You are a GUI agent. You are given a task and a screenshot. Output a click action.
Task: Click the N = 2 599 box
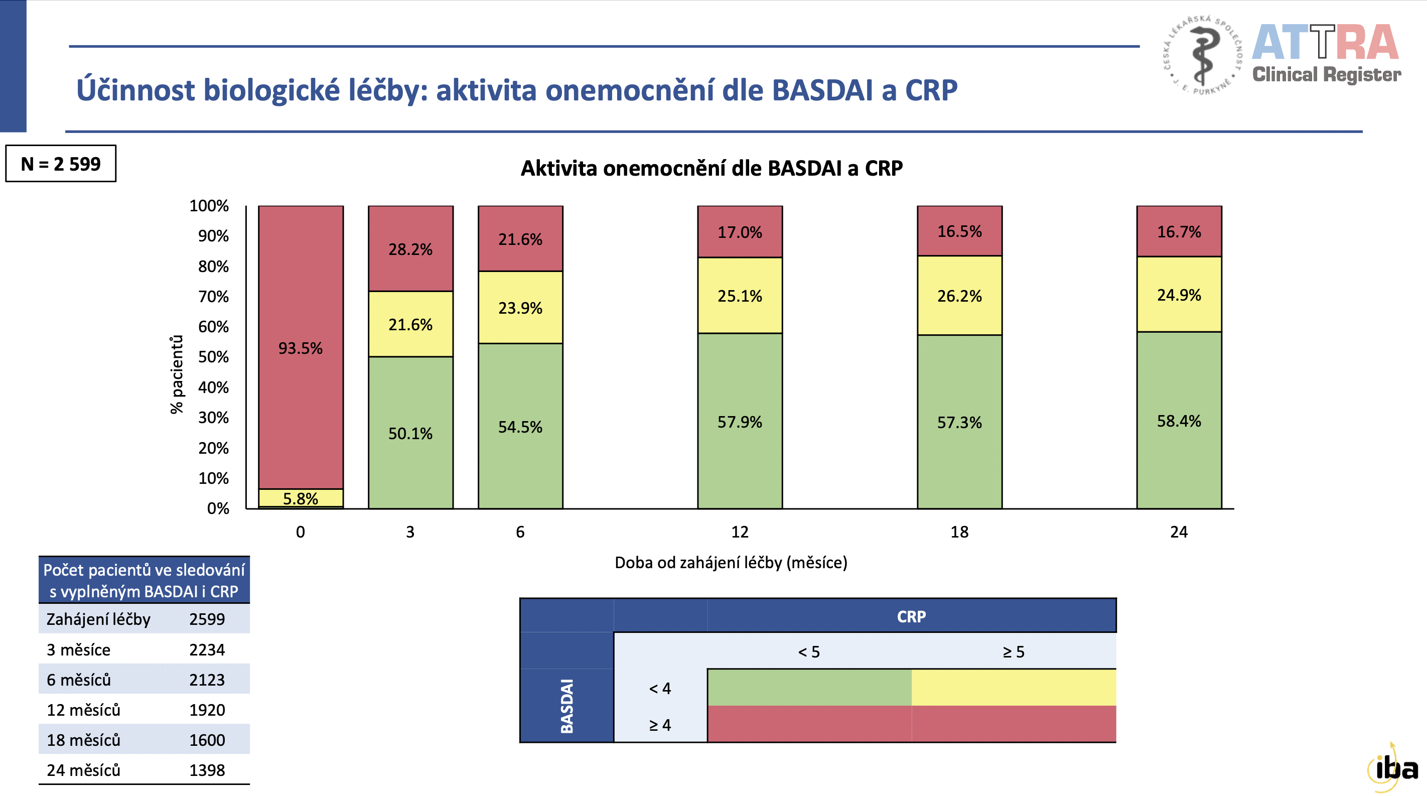tap(60, 164)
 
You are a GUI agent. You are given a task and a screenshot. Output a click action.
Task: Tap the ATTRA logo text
tap(1325, 43)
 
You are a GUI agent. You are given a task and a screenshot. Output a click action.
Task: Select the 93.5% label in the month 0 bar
tap(300, 348)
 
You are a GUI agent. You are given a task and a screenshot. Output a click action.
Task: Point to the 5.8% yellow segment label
tap(300, 498)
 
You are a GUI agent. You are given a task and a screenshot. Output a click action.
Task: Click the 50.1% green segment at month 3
tap(410, 433)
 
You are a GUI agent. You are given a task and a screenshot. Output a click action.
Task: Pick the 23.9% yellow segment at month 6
tap(520, 308)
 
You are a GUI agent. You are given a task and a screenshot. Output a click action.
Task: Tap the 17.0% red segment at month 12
tap(740, 232)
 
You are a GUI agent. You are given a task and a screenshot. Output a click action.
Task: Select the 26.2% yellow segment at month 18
tap(959, 296)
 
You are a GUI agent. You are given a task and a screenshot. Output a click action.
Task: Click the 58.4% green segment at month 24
tap(1179, 421)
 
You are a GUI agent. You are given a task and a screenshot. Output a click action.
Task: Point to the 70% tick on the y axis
tap(213, 296)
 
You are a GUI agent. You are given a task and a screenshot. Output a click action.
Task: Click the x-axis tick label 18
tap(959, 533)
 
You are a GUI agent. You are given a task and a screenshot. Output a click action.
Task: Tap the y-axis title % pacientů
tap(176, 374)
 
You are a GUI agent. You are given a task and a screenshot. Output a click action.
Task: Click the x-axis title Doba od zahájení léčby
tap(731, 563)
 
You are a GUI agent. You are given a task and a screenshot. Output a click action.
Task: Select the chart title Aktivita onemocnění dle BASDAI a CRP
tap(711, 168)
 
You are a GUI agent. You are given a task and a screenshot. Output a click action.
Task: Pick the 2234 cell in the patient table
tap(207, 650)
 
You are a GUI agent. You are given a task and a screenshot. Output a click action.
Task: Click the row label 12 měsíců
tap(83, 710)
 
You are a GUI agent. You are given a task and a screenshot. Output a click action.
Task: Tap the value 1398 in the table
tap(207, 770)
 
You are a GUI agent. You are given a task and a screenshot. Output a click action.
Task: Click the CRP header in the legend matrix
tap(911, 616)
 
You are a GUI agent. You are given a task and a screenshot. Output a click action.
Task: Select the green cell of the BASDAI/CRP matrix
tap(809, 688)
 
